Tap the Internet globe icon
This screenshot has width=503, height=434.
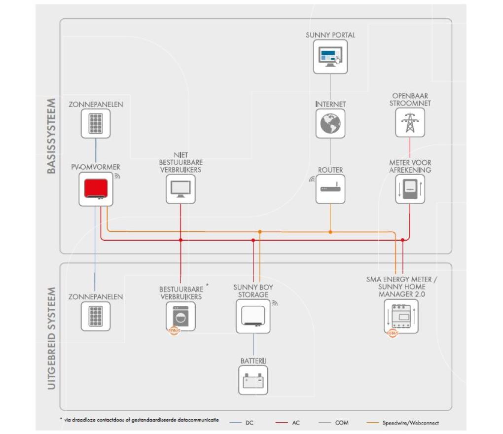[330, 123]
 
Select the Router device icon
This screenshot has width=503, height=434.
[330, 189]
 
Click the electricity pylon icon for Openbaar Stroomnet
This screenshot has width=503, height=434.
[409, 122]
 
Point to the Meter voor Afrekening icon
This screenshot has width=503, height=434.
[409, 189]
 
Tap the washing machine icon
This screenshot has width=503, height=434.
[180, 316]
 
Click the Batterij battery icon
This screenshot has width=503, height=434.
[253, 380]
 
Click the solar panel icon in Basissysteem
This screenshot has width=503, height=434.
[96, 123]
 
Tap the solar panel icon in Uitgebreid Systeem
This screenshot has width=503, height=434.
[96, 316]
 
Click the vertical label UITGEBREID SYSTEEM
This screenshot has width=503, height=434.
[52, 339]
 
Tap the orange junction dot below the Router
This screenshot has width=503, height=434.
[330, 232]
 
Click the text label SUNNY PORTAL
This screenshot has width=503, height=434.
[330, 35]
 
